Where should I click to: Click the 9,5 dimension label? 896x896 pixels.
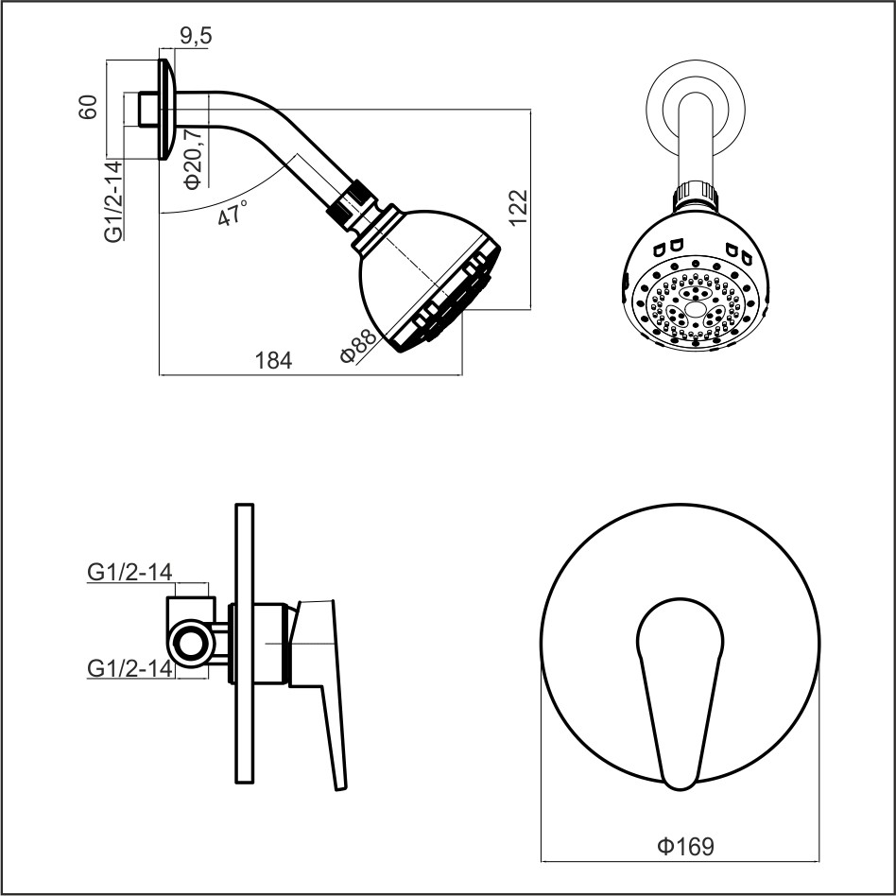[x=196, y=36]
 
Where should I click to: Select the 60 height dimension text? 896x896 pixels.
[x=88, y=107]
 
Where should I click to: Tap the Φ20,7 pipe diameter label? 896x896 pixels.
[x=194, y=158]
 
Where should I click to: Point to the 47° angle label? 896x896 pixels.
[x=232, y=213]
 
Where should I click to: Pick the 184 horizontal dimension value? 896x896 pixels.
[x=273, y=360]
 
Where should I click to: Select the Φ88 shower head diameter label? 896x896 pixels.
[x=358, y=346]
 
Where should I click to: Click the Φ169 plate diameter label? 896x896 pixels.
[x=686, y=846]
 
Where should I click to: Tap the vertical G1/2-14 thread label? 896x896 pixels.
[x=113, y=201]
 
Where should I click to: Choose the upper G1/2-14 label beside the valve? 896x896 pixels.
[x=129, y=572]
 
